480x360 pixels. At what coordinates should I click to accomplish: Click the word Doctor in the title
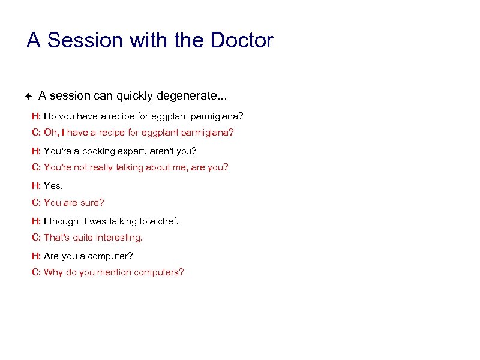coord(241,41)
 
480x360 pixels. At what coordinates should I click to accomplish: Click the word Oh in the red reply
coord(51,132)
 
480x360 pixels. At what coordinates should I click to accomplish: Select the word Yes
coord(53,186)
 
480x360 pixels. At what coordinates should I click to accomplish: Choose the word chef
coord(167,221)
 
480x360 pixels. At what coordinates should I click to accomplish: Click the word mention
coord(115,272)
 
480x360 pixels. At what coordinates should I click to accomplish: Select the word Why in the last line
coord(53,272)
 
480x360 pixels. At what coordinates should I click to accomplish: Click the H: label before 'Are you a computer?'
coord(36,256)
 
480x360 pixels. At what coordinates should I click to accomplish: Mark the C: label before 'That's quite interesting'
coord(36,238)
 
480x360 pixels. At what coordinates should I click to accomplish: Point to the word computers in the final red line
coord(159,272)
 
